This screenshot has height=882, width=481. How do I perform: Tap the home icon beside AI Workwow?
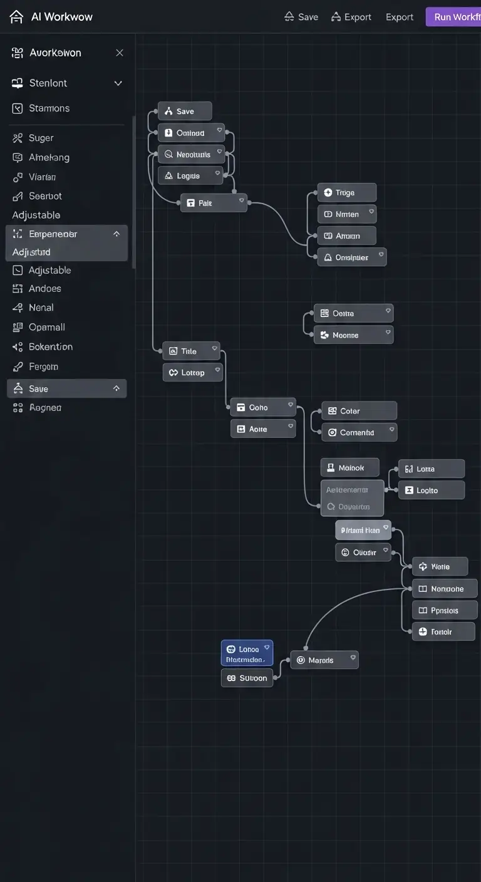pyautogui.click(x=16, y=17)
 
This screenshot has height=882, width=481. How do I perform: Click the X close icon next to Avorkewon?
pyautogui.click(x=120, y=53)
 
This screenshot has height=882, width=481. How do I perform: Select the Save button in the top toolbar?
pyautogui.click(x=301, y=17)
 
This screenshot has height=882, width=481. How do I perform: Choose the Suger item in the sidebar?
pyautogui.click(x=41, y=138)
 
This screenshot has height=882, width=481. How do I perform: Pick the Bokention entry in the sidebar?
pyautogui.click(x=50, y=346)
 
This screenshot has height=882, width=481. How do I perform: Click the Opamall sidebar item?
pyautogui.click(x=46, y=327)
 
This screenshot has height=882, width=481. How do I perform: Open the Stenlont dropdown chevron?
pyautogui.click(x=118, y=83)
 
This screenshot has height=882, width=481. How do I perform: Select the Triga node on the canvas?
pyautogui.click(x=346, y=192)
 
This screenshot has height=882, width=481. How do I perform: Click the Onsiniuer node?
pyautogui.click(x=351, y=257)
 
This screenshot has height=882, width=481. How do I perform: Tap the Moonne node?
pyautogui.click(x=353, y=335)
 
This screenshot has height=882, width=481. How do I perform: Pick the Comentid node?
pyautogui.click(x=359, y=432)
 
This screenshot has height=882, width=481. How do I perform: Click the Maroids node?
pyautogui.click(x=324, y=660)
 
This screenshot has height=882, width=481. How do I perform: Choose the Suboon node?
pyautogui.click(x=247, y=678)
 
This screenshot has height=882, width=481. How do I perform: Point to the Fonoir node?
pyautogui.click(x=443, y=631)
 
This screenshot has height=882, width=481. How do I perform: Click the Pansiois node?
pyautogui.click(x=445, y=610)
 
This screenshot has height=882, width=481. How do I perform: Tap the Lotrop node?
pyautogui.click(x=192, y=372)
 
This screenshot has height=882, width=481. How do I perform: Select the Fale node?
pyautogui.click(x=213, y=203)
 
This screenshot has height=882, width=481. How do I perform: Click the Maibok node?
pyautogui.click(x=350, y=467)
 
